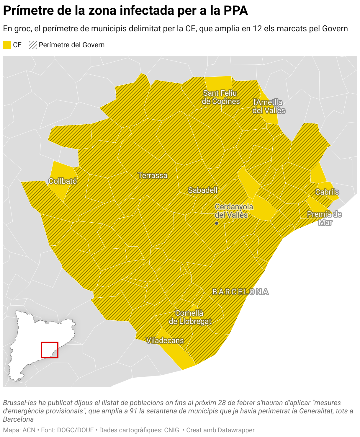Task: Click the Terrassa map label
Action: pyautogui.click(x=153, y=176)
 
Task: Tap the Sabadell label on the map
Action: pyautogui.click(x=203, y=190)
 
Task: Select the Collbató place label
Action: pyautogui.click(x=63, y=181)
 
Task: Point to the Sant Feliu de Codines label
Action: pyautogui.click(x=220, y=97)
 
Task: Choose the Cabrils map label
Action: pyautogui.click(x=327, y=192)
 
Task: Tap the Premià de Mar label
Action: pyautogui.click(x=324, y=218)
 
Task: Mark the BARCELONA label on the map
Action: pyautogui.click(x=240, y=292)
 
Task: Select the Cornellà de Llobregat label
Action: pyautogui.click(x=190, y=317)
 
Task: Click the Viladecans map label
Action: pyautogui.click(x=165, y=341)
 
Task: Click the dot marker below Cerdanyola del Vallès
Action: pyautogui.click(x=217, y=223)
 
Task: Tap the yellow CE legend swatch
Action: pyautogui.click(x=7, y=45)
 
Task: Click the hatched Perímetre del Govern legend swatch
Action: pyautogui.click(x=33, y=45)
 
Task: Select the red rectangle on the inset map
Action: pyautogui.click(x=50, y=350)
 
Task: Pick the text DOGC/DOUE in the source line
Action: pyautogui.click(x=77, y=430)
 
